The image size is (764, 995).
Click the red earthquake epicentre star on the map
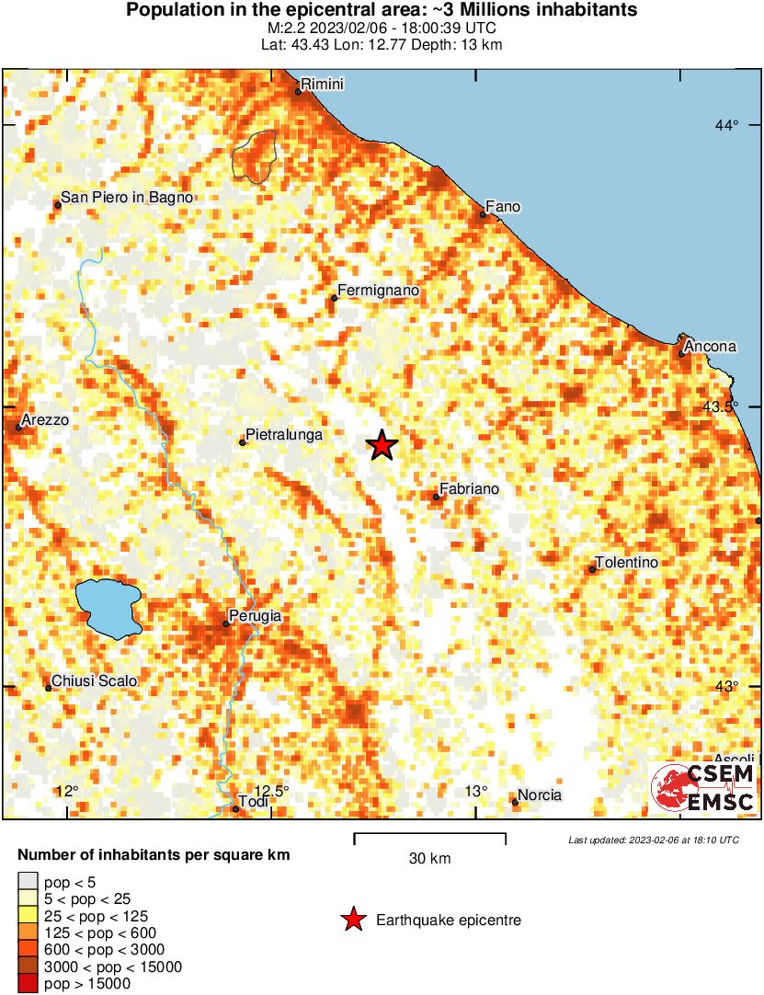point(382,445)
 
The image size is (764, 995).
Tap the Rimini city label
point(322,85)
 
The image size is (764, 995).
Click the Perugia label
point(255,616)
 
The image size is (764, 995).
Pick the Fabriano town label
point(469,489)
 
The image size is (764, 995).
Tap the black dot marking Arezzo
point(18,427)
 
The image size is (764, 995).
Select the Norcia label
point(540,795)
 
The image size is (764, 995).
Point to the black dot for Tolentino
point(592,570)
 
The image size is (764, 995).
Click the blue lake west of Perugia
point(108,608)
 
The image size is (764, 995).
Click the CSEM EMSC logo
point(703,788)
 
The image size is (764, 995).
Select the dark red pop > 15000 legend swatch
point(29,983)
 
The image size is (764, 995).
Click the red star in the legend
point(352,920)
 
